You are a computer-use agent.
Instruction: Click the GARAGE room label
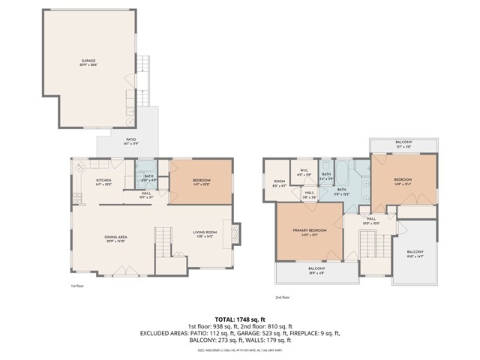[88, 61]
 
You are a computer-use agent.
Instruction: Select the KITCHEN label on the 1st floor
[103, 182]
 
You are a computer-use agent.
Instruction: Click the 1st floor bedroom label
[201, 181]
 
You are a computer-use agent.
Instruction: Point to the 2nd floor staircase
[368, 243]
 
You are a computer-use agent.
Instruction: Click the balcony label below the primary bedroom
[316, 271]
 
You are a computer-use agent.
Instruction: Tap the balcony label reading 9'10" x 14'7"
[415, 253]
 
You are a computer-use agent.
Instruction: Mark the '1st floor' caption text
[78, 286]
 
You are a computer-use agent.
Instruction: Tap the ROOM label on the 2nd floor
[279, 183]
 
